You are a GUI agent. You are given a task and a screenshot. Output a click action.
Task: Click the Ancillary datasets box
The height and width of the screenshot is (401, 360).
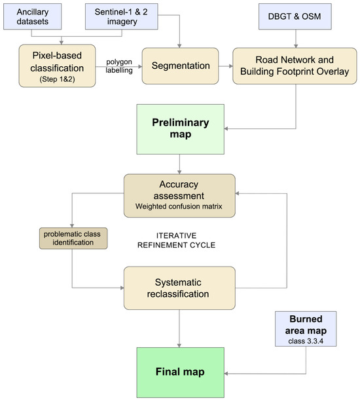click(x=33, y=16)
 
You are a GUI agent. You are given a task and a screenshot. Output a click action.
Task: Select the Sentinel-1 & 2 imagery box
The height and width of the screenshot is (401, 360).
click(x=121, y=16)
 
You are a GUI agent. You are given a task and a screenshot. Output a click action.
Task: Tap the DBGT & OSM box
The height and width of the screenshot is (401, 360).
click(x=295, y=16)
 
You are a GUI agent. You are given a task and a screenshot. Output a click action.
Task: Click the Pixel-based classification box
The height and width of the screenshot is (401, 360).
click(x=57, y=66)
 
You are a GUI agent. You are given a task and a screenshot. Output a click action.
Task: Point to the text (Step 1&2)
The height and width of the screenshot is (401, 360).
click(x=57, y=79)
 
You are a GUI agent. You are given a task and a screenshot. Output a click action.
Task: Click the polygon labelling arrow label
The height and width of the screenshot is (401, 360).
click(x=119, y=66)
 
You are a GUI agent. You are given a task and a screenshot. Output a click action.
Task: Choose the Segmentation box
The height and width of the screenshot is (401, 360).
click(x=181, y=66)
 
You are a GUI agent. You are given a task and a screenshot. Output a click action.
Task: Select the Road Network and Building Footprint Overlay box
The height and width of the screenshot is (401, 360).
click(x=295, y=66)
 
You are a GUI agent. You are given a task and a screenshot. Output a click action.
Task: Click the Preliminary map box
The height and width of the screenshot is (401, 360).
click(x=181, y=129)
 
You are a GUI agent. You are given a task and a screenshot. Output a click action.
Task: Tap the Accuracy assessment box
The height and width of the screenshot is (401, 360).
click(x=179, y=196)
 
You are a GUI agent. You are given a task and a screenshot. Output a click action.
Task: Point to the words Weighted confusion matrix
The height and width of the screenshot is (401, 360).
click(x=179, y=206)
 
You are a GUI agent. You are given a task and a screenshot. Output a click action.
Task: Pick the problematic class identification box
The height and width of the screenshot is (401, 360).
click(x=73, y=238)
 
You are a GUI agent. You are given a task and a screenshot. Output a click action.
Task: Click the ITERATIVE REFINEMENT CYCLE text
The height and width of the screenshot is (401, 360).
click(x=176, y=240)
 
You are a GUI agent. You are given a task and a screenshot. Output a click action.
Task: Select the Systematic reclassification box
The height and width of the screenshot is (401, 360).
click(x=179, y=288)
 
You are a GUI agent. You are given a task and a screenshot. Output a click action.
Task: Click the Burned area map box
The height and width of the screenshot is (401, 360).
click(x=306, y=329)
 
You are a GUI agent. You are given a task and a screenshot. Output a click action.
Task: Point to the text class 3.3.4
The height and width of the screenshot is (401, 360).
click(x=306, y=341)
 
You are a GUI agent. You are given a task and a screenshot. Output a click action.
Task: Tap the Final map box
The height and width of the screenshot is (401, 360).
click(x=181, y=372)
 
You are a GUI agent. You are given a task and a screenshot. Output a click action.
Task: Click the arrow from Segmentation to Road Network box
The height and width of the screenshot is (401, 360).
click(x=226, y=66)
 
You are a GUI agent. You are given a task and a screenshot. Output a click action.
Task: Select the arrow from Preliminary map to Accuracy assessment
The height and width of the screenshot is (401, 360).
click(x=179, y=164)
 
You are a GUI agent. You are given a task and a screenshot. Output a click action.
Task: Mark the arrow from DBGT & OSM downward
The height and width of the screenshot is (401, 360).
click(x=296, y=39)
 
